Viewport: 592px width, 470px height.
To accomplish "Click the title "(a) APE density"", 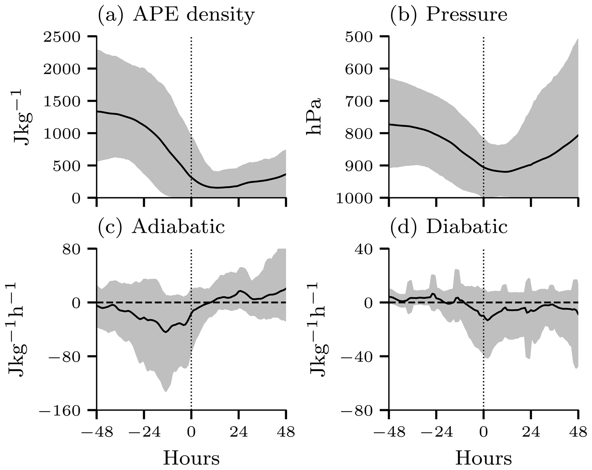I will pos(176,15).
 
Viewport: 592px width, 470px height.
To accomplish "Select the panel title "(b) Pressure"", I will pos(449,15).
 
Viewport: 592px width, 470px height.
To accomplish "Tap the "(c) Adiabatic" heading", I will pos(162,228).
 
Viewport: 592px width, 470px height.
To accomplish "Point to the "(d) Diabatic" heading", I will pos(449,228).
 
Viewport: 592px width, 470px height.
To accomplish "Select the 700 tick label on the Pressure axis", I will pos(358,101).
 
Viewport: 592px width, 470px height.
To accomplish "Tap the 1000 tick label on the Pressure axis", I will pos(354,198).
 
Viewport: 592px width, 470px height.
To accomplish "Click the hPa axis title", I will pos(314,117).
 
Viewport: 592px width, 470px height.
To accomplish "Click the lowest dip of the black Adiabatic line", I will pos(166,332).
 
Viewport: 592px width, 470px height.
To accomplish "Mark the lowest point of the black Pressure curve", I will pos(506,172).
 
